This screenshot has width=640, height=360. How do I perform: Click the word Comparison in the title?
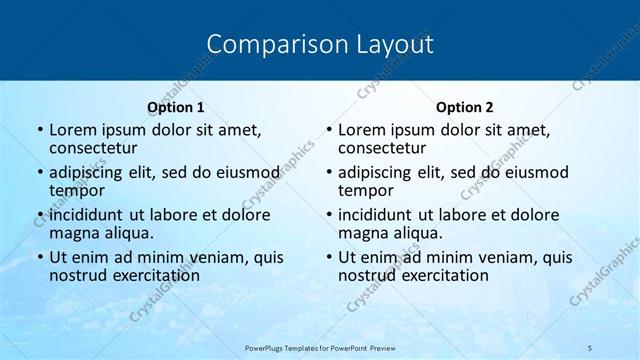pyautogui.click(x=263, y=44)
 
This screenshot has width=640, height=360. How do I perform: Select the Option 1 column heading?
pyautogui.click(x=175, y=107)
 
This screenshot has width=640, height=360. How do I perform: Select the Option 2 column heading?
pyautogui.click(x=464, y=107)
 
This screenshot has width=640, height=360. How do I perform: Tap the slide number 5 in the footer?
pyautogui.click(x=591, y=347)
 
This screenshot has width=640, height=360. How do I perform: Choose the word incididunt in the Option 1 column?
pyautogui.click(x=91, y=214)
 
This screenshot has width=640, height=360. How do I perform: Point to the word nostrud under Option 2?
pyautogui.click(x=368, y=275)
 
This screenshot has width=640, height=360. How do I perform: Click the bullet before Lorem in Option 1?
pyautogui.click(x=39, y=130)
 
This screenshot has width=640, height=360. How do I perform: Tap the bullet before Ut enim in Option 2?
pyautogui.click(x=328, y=257)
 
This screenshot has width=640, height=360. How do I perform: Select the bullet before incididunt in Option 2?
pyautogui.click(x=328, y=215)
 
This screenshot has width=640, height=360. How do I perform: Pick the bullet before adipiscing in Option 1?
pyautogui.click(x=39, y=172)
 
